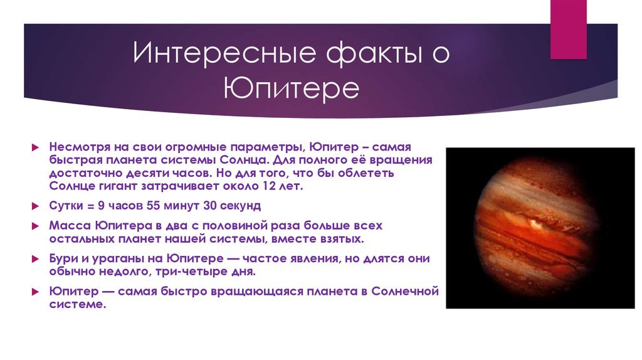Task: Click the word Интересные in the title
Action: tap(224, 53)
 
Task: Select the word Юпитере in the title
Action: tap(291, 88)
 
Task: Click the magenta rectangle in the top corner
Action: tap(568, 29)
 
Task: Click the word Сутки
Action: tap(66, 205)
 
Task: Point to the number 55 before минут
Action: tap(153, 205)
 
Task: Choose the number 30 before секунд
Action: tap(209, 205)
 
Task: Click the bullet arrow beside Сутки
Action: tap(35, 206)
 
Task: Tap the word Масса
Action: tap(70, 225)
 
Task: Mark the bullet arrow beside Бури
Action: tap(35, 259)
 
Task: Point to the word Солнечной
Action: tap(405, 291)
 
